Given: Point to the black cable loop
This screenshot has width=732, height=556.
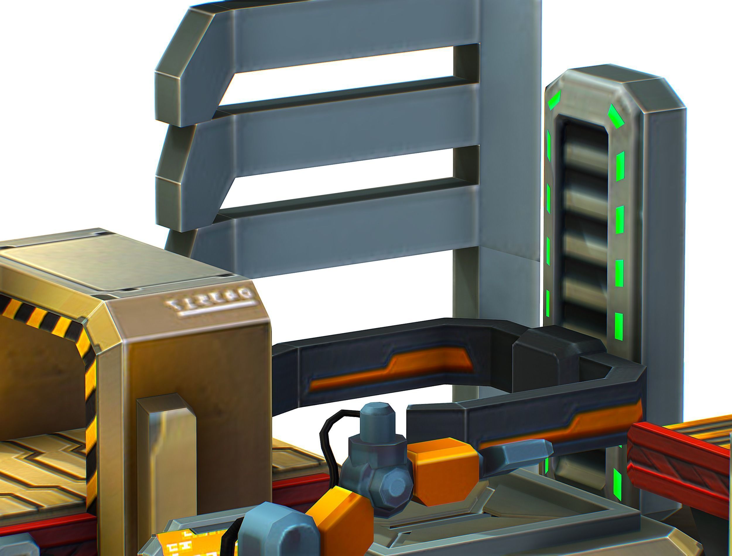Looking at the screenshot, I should click(x=331, y=437).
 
